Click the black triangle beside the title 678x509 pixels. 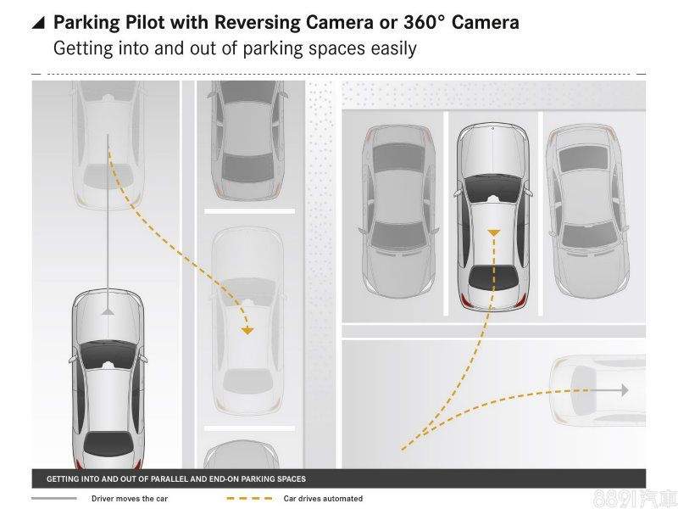pyautogui.click(x=39, y=23)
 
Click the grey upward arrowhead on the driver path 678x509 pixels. pyautogui.click(x=108, y=310)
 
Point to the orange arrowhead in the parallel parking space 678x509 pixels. pyautogui.click(x=247, y=331)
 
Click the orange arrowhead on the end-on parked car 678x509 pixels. pyautogui.click(x=494, y=232)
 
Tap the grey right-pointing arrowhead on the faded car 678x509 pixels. pyautogui.click(x=625, y=390)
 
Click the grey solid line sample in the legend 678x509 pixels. pyautogui.click(x=54, y=499)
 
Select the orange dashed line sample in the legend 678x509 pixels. pyautogui.click(x=250, y=499)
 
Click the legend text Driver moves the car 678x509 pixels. pyautogui.click(x=130, y=499)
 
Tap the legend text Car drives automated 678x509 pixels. pyautogui.click(x=323, y=499)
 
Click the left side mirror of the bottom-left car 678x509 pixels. pyautogui.click(x=71, y=359)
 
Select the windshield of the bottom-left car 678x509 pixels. pyautogui.click(x=108, y=353)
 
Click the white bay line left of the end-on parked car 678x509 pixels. pyautogui.click(x=447, y=214)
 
